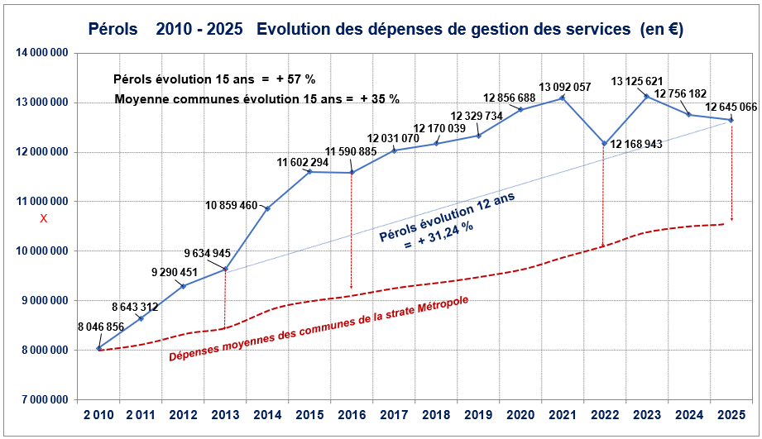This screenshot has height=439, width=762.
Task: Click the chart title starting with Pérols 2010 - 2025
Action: pos(385,29)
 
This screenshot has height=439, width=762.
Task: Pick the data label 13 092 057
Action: pos(565,87)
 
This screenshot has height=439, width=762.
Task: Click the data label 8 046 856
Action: pos(100,327)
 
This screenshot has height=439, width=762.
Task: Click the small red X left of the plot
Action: pos(44,218)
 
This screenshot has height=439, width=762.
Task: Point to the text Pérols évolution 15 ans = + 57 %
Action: pos(215,79)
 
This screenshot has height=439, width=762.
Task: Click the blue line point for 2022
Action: pos(604,144)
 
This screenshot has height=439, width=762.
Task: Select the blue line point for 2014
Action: pos(267,208)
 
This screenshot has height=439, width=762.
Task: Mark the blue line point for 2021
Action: pos(562,98)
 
